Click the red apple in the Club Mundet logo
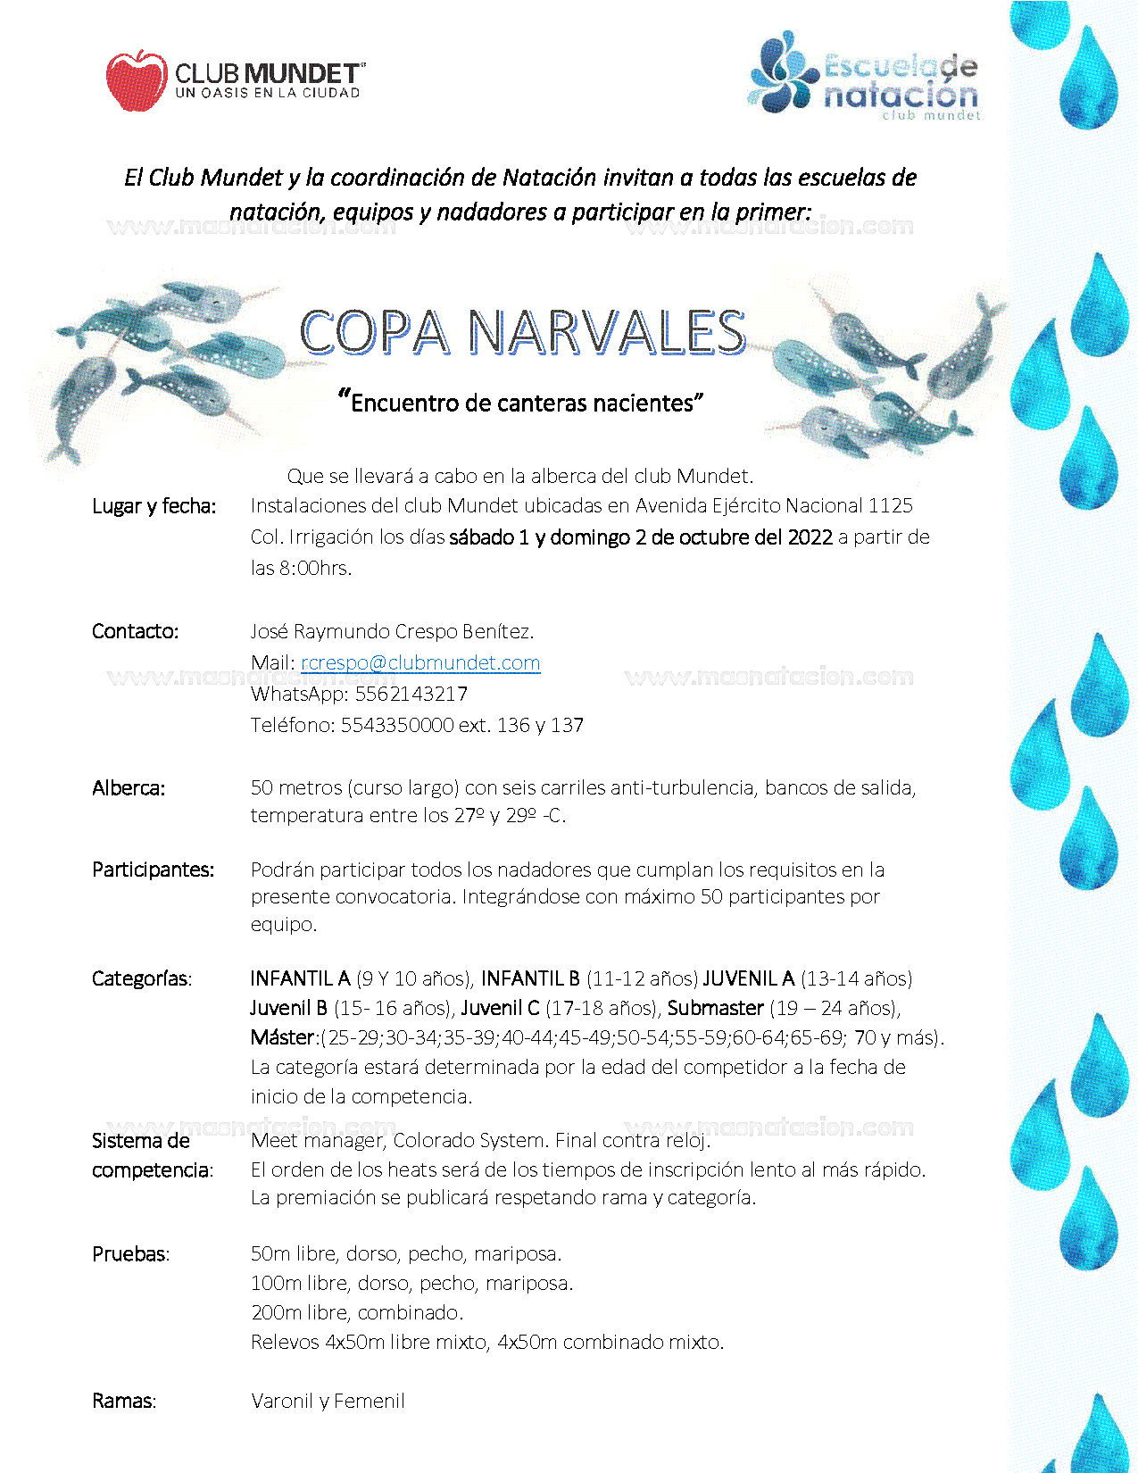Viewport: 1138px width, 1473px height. (136, 80)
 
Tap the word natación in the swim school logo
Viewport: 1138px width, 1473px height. (900, 94)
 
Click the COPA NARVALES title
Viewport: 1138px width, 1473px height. (522, 332)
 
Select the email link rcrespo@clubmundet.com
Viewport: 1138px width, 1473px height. (420, 662)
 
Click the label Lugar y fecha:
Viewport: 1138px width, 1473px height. (154, 506)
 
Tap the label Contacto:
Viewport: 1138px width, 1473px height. (135, 631)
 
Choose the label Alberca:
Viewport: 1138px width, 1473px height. (129, 788)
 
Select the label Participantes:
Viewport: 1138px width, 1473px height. (153, 870)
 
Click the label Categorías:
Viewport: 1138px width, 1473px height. (141, 978)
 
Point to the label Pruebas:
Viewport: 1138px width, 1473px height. (130, 1253)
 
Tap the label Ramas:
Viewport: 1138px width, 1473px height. (123, 1401)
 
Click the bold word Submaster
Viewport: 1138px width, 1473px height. (716, 1008)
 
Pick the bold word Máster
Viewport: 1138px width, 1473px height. (282, 1037)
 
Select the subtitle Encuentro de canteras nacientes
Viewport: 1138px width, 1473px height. (522, 403)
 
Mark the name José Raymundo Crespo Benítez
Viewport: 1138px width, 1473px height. (392, 631)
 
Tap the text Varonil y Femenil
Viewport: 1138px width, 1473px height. (328, 1401)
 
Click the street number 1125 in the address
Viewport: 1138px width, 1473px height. (890, 505)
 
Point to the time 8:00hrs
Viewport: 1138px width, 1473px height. (315, 568)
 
